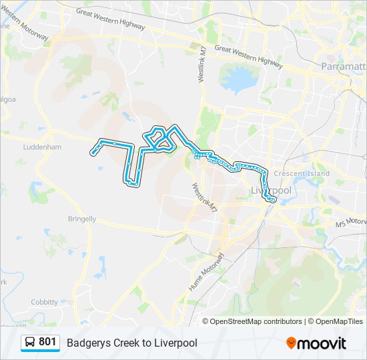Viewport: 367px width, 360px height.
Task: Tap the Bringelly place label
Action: coord(82,219)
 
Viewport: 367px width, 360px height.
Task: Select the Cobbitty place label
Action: coord(44,302)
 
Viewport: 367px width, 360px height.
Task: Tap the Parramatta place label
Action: coord(344,67)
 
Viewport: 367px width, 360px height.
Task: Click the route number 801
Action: coord(47,342)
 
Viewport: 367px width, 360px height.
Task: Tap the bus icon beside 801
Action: coord(31,343)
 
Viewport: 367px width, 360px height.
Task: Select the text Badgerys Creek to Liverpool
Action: coord(131,343)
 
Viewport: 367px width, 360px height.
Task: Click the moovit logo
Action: coord(316,343)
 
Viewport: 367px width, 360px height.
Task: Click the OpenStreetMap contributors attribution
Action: coord(256,321)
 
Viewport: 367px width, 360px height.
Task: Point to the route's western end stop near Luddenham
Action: coord(93,153)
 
